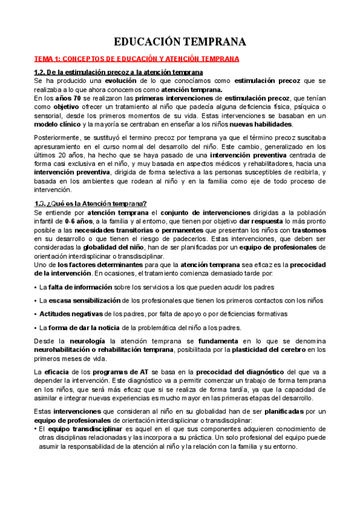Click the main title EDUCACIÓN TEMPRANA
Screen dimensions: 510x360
click(180, 41)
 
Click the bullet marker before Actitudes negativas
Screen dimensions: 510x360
click(36, 314)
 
